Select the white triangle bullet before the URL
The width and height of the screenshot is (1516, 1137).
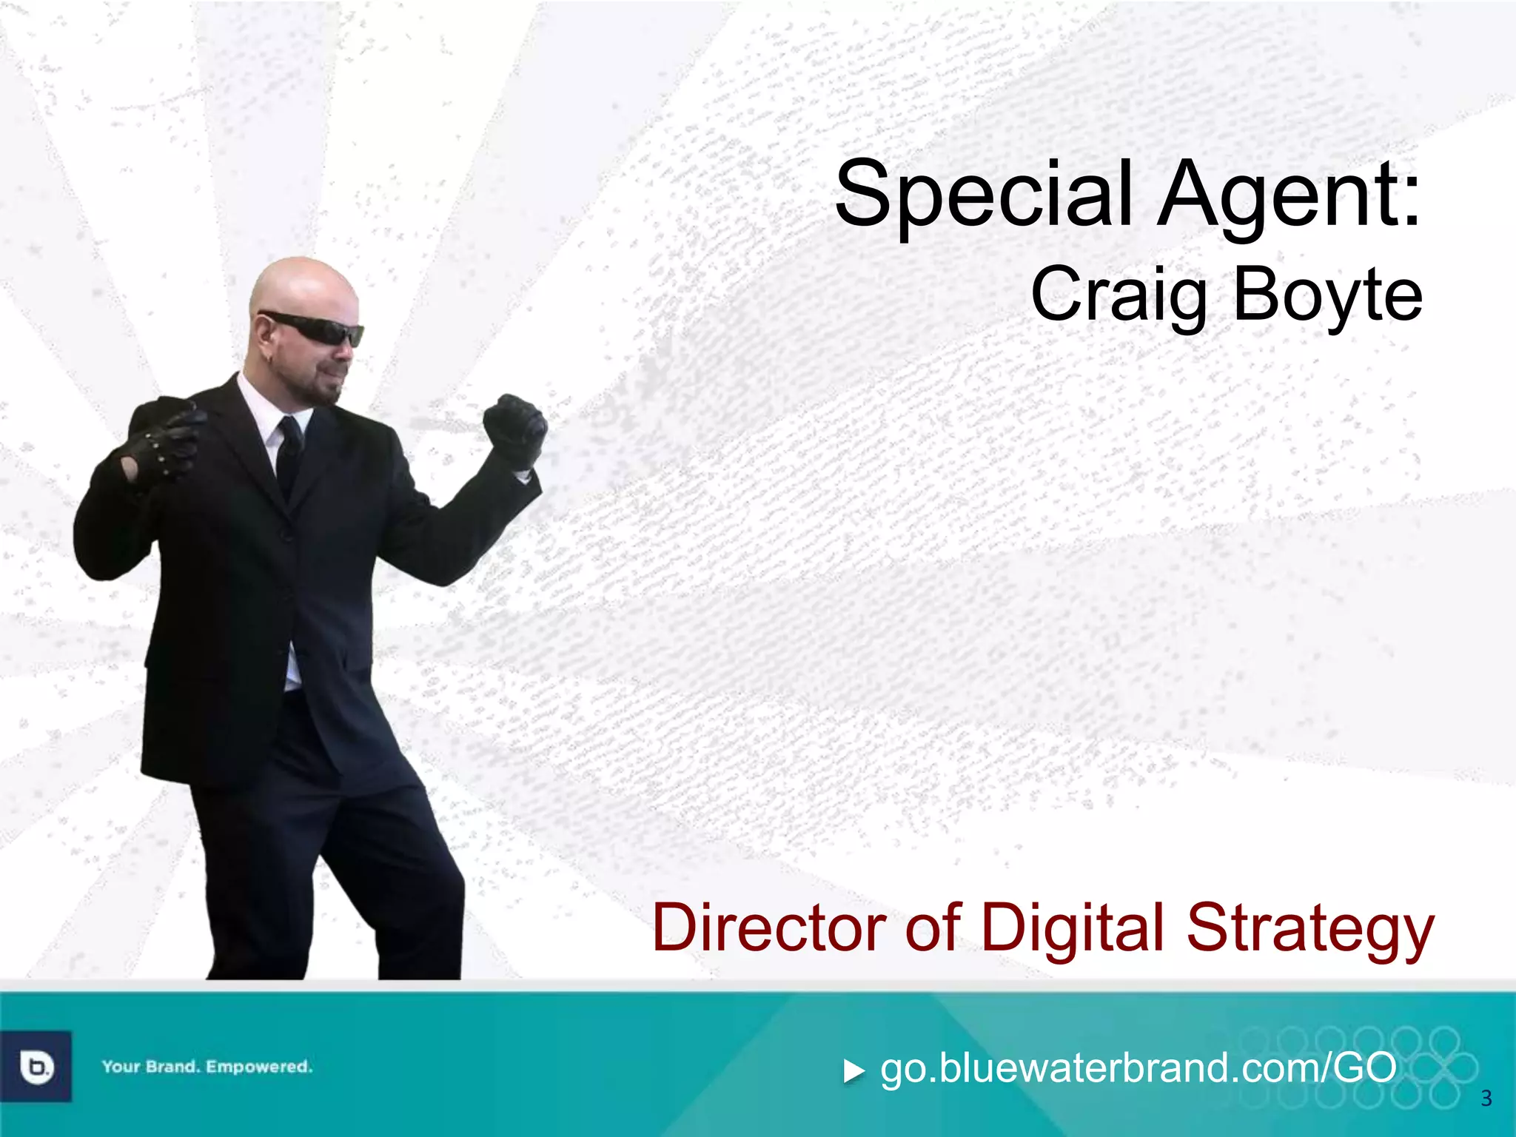pyautogui.click(x=854, y=1071)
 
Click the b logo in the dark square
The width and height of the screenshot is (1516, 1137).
pyautogui.click(x=36, y=1067)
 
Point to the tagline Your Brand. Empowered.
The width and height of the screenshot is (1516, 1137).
pyautogui.click(x=207, y=1067)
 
